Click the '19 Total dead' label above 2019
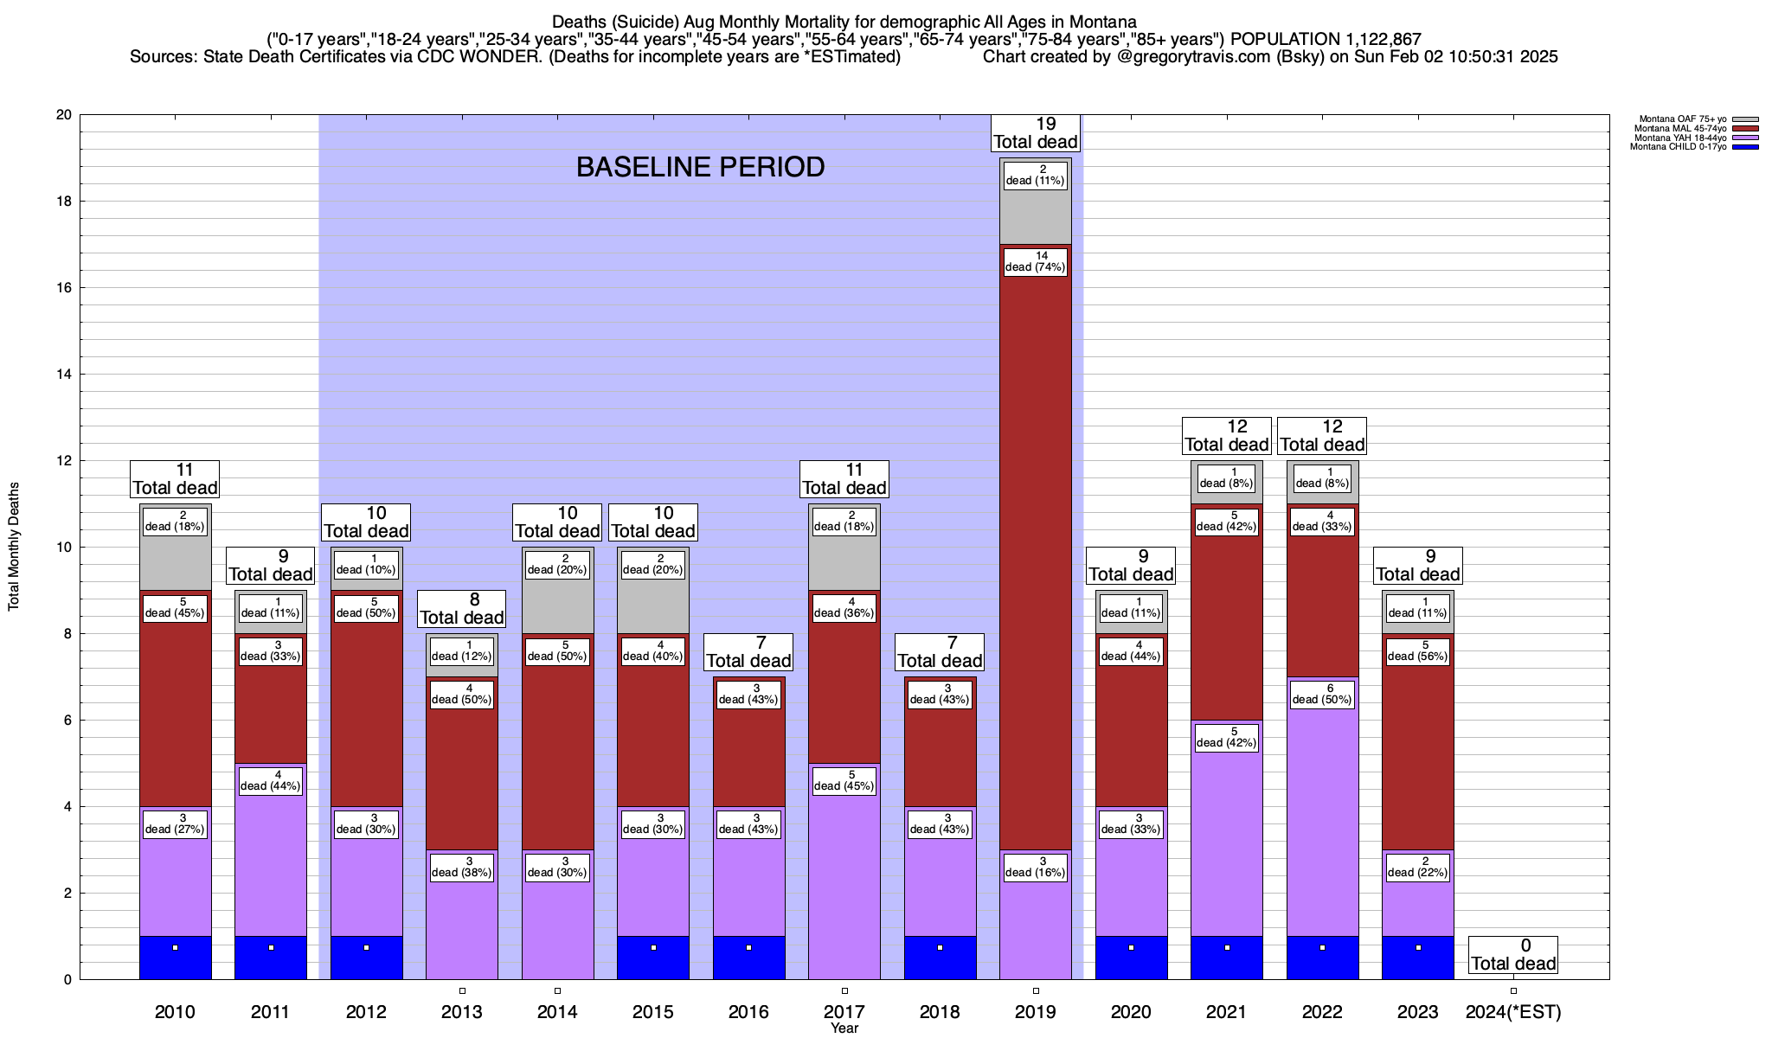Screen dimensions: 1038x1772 [1036, 133]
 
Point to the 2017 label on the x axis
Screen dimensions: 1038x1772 [844, 1011]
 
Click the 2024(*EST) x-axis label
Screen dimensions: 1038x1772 [1513, 1011]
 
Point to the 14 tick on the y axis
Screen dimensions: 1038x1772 [64, 375]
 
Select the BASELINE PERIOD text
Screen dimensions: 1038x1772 [700, 167]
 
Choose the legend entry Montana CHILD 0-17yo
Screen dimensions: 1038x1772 [1678, 147]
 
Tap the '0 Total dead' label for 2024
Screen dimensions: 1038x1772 [1513, 955]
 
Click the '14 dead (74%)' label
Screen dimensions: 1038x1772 [1036, 261]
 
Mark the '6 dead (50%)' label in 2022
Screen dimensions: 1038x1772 [1322, 694]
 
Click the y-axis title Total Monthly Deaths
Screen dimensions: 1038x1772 [14, 547]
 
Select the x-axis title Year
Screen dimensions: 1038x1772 [844, 1028]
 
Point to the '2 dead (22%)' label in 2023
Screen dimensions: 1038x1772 [1417, 867]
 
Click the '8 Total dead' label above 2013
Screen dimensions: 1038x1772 [462, 609]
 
